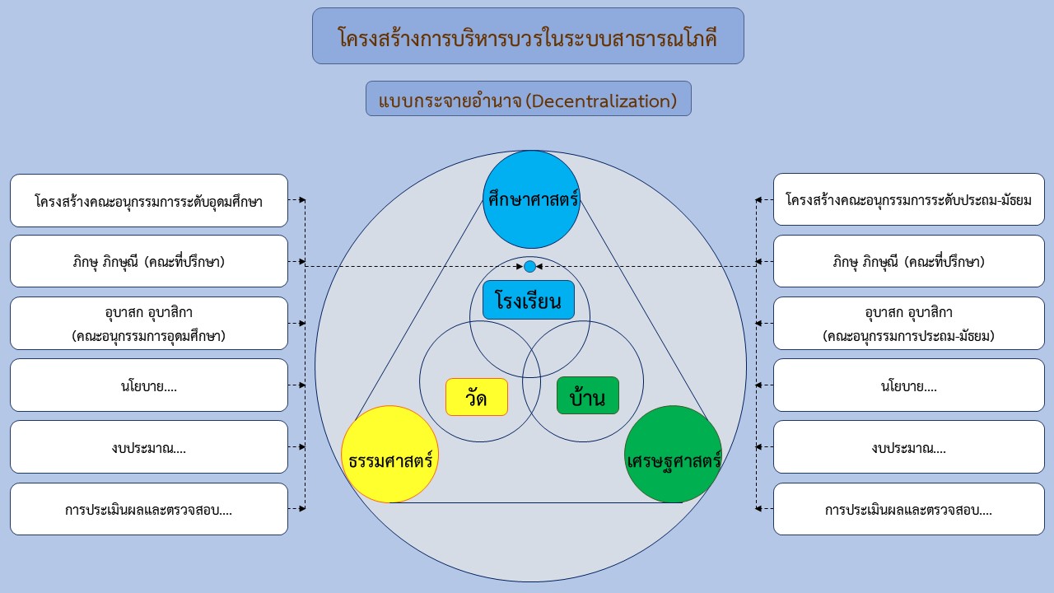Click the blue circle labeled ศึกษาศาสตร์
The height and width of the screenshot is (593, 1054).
[x=531, y=199]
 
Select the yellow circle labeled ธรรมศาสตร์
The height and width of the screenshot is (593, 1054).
[x=389, y=454]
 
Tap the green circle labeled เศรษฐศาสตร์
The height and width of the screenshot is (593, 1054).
[x=673, y=454]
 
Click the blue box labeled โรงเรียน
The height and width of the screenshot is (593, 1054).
[x=529, y=301]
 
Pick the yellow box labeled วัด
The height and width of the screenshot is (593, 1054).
[x=477, y=397]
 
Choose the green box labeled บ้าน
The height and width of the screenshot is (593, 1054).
[x=588, y=395]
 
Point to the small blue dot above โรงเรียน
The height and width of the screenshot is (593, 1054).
[x=529, y=266]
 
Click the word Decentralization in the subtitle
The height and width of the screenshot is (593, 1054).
[x=601, y=100]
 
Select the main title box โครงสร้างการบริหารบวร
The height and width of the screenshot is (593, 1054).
[x=528, y=35]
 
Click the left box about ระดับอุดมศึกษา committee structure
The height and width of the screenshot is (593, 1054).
[x=149, y=200]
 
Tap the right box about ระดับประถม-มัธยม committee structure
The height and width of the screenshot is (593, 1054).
[x=908, y=199]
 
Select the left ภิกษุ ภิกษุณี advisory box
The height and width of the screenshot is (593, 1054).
[x=149, y=261]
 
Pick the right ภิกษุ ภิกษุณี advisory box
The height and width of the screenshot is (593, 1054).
[x=908, y=261]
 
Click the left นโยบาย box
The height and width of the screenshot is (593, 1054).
[x=149, y=385]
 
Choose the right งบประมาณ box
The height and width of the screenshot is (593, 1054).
[x=908, y=446]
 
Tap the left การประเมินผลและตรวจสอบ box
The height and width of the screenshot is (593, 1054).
[x=149, y=509]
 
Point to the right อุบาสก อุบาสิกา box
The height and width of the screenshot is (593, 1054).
[x=908, y=324]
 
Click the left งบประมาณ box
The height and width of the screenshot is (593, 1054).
[x=149, y=446]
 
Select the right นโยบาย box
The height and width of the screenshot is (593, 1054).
[x=908, y=385]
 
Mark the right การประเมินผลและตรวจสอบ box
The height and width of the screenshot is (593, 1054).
[x=908, y=509]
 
